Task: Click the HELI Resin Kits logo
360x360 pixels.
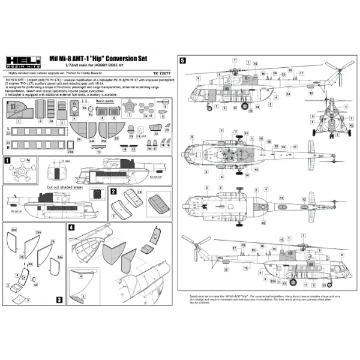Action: (22, 61)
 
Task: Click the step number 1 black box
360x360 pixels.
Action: (7, 161)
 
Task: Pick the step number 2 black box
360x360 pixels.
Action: (113, 191)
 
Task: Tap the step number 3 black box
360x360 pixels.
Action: (59, 298)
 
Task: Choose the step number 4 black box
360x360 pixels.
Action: (72, 227)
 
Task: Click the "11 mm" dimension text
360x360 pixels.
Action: (64, 161)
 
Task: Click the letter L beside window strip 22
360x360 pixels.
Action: (7, 129)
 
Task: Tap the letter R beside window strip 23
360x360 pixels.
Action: (7, 146)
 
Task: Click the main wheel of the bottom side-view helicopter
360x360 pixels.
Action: (293, 282)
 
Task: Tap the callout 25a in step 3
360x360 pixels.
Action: (13, 230)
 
